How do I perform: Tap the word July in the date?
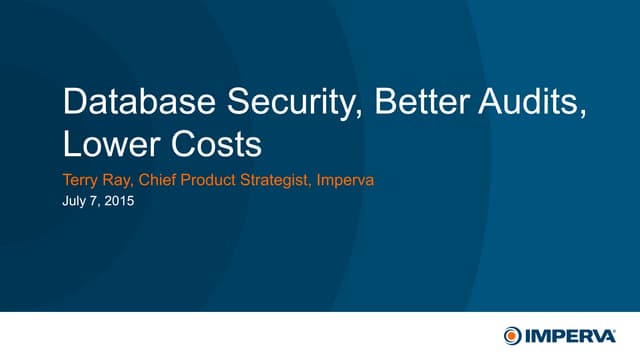[76, 201]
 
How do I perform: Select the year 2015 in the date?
[119, 201]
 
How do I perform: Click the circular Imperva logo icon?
[513, 333]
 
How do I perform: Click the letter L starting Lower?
[70, 144]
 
